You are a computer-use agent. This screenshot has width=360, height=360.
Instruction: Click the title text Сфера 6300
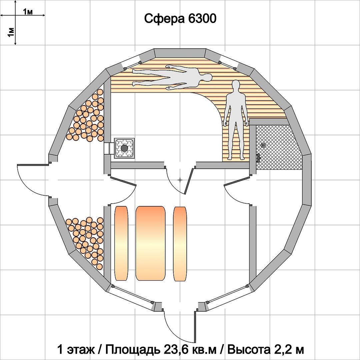[x=180, y=18]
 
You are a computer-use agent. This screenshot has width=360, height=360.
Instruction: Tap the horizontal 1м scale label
[x=28, y=12]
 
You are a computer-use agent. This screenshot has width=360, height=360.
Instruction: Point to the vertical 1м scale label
[x=11, y=32]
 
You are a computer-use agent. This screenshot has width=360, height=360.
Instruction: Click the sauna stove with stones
[x=124, y=148]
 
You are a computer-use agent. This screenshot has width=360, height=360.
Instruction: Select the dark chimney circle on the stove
[x=124, y=148]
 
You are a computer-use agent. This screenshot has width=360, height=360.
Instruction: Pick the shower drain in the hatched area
[x=263, y=145]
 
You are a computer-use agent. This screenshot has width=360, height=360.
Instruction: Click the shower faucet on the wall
[x=258, y=158]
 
